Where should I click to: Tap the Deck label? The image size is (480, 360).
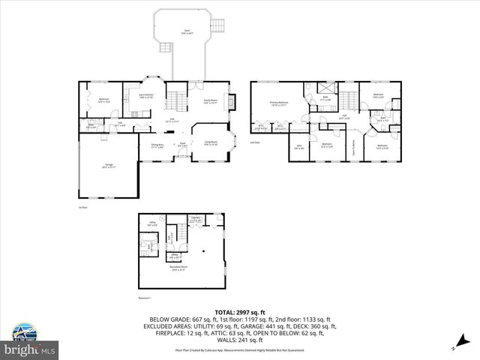coord(187,31)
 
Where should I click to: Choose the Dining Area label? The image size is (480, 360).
coord(157,145)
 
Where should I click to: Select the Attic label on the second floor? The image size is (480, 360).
coord(298,147)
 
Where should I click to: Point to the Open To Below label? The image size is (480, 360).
coord(352,142)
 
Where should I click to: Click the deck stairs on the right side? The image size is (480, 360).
coord(218,23)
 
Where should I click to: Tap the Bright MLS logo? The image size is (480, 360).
coord(30,349)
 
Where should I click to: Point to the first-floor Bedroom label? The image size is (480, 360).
coord(104,99)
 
